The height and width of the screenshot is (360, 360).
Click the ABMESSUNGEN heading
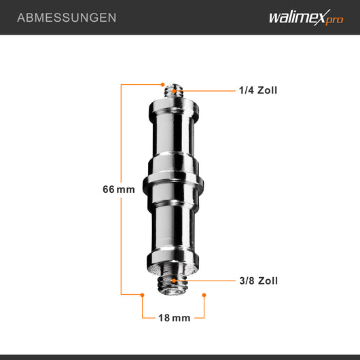point(67,17)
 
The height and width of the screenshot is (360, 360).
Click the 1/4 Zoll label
point(257,90)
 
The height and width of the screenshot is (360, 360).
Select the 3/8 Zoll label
point(257,281)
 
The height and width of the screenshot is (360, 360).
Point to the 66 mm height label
point(118,190)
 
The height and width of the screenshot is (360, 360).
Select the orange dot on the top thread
point(175,90)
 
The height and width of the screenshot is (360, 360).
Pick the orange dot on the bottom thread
point(175,280)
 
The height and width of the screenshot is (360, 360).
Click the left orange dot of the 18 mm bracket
point(142,295)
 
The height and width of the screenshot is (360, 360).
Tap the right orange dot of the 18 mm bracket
point(204,295)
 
